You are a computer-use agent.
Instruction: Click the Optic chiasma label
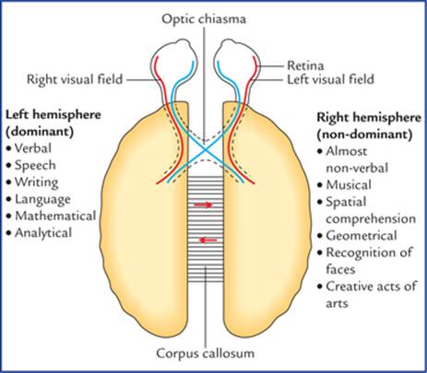[x=204, y=19]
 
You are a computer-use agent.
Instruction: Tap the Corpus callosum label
[x=206, y=353]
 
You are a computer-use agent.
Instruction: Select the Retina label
[x=305, y=65]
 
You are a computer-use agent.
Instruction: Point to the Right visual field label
[x=75, y=79]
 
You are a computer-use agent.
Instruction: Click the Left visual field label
[x=330, y=79]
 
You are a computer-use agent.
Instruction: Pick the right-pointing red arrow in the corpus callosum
[x=203, y=204]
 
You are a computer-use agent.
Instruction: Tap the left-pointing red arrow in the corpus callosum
[x=208, y=239]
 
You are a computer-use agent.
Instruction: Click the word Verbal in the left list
[x=33, y=148]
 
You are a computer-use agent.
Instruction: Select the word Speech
[x=35, y=166]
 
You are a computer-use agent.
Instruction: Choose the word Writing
[x=36, y=182]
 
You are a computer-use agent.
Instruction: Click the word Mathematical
[x=55, y=216]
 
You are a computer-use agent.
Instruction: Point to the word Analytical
[x=43, y=233]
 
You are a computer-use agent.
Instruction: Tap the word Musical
[x=349, y=185]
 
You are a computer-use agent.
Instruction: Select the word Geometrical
[x=362, y=236]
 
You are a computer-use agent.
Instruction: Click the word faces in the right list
[x=340, y=269]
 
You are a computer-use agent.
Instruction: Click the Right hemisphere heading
[x=369, y=118]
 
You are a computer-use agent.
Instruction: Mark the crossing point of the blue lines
[x=206, y=150]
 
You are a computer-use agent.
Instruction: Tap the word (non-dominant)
[x=364, y=134]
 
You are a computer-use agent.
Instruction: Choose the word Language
[x=42, y=200]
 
